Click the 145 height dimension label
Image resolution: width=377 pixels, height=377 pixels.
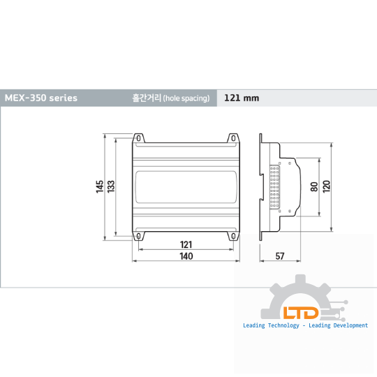pos(100,186)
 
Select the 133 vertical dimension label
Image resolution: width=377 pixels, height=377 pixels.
pos(111,186)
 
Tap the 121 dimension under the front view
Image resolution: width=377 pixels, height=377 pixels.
pos(186,244)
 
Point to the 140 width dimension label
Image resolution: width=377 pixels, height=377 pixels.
pos(186,256)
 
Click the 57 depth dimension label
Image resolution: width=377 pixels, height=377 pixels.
pos(280,256)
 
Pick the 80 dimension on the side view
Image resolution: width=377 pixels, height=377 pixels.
pos(314,187)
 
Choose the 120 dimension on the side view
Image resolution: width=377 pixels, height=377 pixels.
pos(326,186)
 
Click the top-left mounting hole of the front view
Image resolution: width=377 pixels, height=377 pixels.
pos(138,138)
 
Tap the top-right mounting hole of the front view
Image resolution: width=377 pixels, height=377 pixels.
pos(233,138)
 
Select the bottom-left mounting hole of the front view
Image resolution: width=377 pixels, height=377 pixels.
pos(138,237)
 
